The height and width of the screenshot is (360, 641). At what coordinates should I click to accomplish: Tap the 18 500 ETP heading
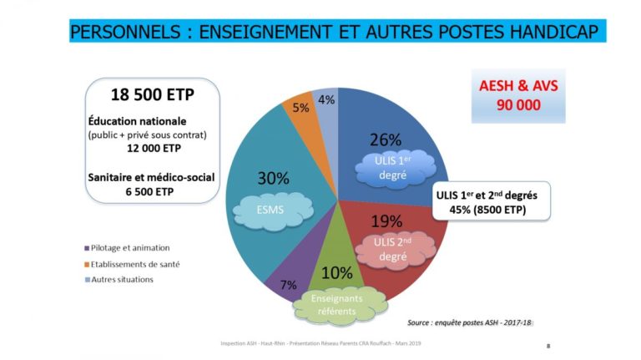(153, 95)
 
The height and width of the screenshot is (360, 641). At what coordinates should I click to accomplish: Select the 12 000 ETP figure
(154, 148)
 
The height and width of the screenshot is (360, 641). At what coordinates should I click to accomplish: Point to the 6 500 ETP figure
(149, 191)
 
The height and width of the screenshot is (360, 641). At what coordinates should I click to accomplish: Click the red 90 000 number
(518, 105)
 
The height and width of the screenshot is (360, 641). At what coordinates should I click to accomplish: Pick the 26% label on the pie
(386, 140)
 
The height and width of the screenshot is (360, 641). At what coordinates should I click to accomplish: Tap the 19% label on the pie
(386, 221)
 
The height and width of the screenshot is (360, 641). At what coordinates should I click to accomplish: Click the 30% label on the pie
(273, 179)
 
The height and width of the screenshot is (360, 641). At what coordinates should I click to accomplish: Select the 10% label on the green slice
(337, 273)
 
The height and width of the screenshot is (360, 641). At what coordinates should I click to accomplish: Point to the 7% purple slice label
(288, 285)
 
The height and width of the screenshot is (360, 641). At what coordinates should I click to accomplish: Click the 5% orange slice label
(300, 108)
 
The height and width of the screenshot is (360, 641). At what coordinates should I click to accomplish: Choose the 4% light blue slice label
(326, 99)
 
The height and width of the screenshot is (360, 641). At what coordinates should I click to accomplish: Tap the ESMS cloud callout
(273, 210)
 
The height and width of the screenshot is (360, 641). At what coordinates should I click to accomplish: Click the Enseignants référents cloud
(340, 305)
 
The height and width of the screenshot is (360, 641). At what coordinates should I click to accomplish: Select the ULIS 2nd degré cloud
(395, 250)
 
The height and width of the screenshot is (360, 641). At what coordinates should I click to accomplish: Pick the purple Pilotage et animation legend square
(87, 248)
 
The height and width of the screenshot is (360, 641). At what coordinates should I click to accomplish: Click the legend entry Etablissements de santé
(132, 265)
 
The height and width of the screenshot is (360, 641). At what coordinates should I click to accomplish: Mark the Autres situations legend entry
(119, 280)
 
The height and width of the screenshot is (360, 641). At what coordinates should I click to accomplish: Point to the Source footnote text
(470, 322)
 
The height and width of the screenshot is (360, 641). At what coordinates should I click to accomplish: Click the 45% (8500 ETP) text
(487, 210)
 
